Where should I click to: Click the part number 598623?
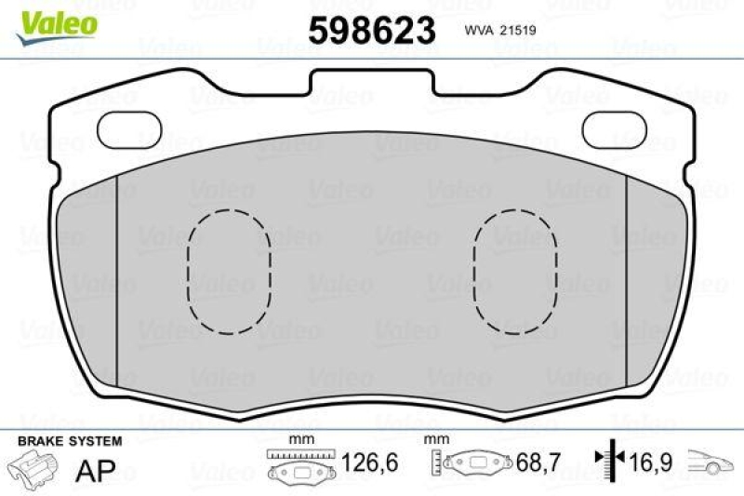pyautogui.click(x=372, y=31)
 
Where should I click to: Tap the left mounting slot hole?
pyautogui.click(x=127, y=127)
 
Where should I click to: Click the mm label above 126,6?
pyautogui.click(x=299, y=438)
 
